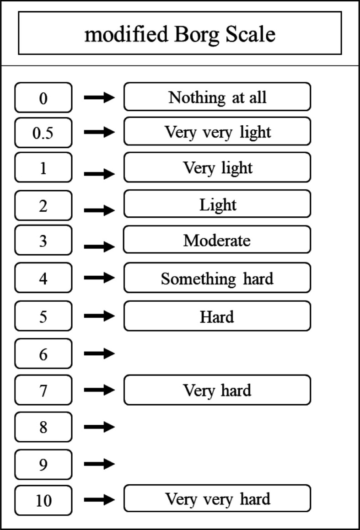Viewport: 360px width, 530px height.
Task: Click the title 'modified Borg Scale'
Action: click(180, 34)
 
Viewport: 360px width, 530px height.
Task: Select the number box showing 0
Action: click(43, 97)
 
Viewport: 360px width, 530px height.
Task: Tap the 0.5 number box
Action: click(43, 133)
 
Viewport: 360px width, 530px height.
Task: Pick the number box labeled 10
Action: click(43, 500)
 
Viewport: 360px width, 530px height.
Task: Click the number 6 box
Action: click(43, 353)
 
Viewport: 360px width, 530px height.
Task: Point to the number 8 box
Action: click(43, 427)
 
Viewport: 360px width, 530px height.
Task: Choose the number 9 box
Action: click(43, 465)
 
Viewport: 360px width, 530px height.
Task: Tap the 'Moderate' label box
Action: click(217, 240)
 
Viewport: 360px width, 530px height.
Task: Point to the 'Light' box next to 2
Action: click(217, 204)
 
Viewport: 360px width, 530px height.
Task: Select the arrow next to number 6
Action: click(99, 353)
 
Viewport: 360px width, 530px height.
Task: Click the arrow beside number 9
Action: click(99, 464)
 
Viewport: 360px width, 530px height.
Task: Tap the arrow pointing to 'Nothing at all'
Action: click(99, 97)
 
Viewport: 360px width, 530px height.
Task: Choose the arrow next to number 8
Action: click(99, 427)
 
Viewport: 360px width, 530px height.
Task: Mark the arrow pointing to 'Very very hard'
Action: click(99, 499)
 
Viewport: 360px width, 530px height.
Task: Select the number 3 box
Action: click(43, 241)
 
